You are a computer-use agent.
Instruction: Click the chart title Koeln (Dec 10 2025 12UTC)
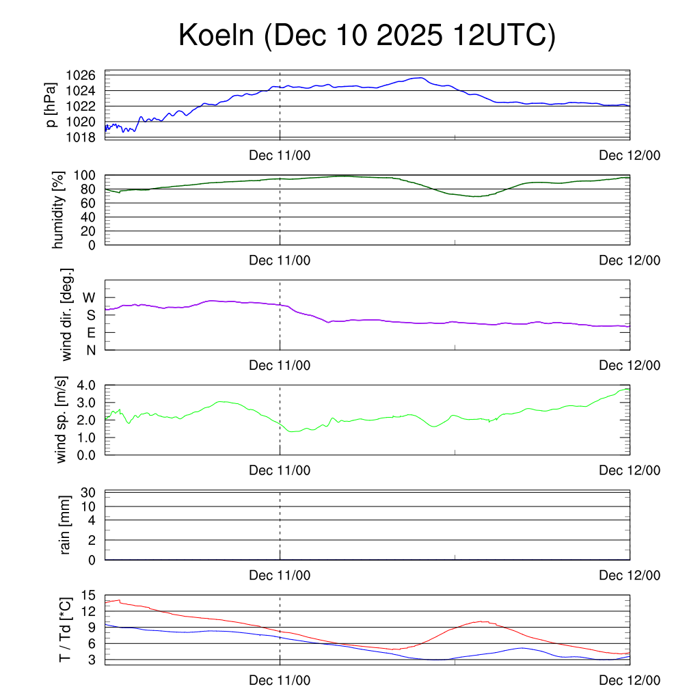(x=367, y=36)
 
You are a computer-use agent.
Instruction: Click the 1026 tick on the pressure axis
(x=85, y=75)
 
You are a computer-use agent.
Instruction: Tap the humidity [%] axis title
(x=59, y=210)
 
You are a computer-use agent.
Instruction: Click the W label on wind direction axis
(x=89, y=297)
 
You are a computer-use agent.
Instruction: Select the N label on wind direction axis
(x=90, y=350)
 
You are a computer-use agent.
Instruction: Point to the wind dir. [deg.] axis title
(x=67, y=314)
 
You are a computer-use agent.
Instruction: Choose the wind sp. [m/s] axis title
(x=63, y=419)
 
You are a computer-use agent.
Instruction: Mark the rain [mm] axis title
(x=66, y=525)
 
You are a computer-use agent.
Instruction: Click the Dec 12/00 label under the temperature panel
(x=630, y=680)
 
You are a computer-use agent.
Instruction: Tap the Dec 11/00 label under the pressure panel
(x=280, y=155)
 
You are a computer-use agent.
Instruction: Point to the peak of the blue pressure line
(x=420, y=78)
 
